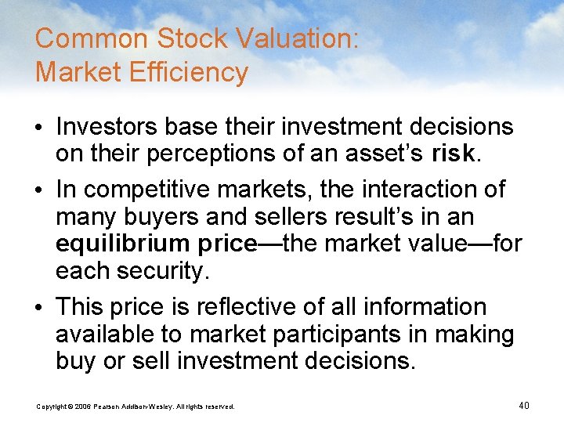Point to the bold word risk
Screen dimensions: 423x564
pyautogui.click(x=452, y=154)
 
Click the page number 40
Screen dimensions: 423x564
pyautogui.click(x=524, y=405)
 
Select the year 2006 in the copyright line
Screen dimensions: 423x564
pyautogui.click(x=82, y=407)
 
